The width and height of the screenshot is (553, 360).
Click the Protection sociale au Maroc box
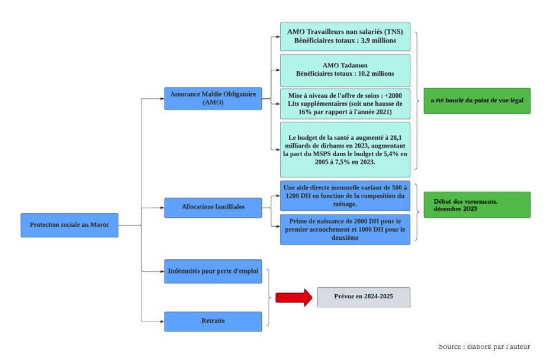pyautogui.click(x=69, y=225)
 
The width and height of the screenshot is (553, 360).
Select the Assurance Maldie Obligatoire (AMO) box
pyautogui.click(x=213, y=98)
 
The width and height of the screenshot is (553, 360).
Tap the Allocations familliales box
pyautogui.click(x=213, y=207)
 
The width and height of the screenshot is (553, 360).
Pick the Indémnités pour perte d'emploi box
pyautogui.click(x=213, y=271)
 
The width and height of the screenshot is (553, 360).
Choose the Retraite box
pyautogui.click(x=213, y=321)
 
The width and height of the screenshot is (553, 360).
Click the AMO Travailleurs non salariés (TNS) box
pyautogui.click(x=345, y=36)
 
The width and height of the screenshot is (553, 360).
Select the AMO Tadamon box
pyautogui.click(x=345, y=70)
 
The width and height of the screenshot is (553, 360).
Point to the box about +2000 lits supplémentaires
pyautogui.click(x=345, y=104)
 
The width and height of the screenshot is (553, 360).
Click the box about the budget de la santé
pyautogui.click(x=345, y=149)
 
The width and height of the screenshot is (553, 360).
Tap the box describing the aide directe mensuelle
pyautogui.click(x=345, y=196)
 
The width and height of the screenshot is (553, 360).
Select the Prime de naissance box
pyautogui.click(x=345, y=229)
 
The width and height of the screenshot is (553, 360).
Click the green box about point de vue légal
pyautogui.click(x=477, y=101)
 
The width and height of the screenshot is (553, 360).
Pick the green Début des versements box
pyautogui.click(x=477, y=205)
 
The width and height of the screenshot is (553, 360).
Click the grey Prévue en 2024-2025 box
pyautogui.click(x=363, y=297)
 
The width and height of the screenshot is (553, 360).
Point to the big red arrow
pyautogui.click(x=294, y=297)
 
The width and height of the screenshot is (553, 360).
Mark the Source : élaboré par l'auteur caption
pyautogui.click(x=484, y=346)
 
